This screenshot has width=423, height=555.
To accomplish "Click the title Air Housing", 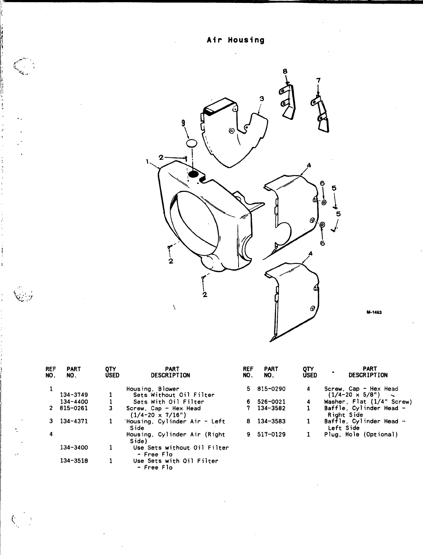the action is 236,40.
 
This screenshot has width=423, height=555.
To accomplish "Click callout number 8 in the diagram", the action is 285,71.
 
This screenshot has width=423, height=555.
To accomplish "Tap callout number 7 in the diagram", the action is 318,80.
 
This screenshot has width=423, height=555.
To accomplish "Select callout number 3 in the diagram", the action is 261,99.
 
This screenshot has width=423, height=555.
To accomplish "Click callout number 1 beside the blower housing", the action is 147,161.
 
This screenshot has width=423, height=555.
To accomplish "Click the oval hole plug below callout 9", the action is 192,143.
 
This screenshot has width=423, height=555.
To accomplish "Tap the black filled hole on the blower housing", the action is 193,173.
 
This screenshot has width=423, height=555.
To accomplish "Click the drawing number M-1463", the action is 373,312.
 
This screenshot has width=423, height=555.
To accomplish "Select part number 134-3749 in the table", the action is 74,395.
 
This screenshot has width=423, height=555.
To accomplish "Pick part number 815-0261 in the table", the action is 74,408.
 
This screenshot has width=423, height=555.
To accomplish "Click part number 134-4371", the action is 74,421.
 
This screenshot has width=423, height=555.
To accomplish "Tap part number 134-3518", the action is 74,461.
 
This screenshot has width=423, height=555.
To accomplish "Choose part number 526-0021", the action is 271,402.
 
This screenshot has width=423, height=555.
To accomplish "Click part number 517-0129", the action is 271,434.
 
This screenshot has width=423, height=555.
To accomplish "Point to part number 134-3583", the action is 271,421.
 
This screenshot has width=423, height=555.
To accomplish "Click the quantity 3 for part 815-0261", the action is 110,408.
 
